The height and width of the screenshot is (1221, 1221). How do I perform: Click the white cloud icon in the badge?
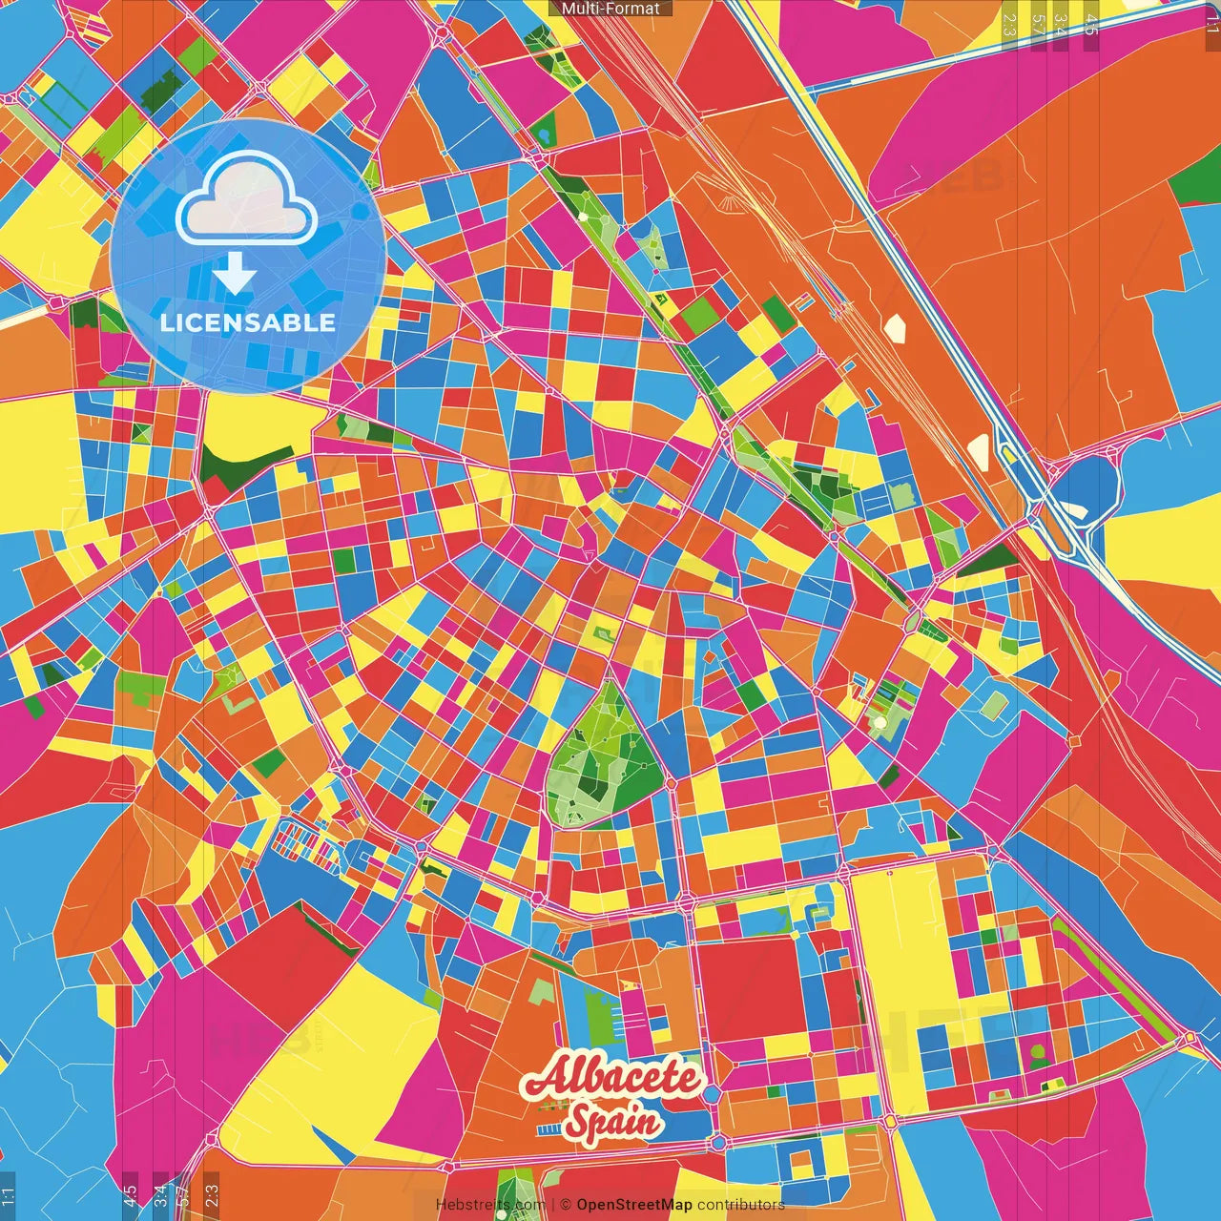point(247,198)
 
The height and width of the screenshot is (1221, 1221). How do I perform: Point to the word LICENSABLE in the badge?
point(248,322)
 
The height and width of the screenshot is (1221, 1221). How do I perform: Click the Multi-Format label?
point(610,8)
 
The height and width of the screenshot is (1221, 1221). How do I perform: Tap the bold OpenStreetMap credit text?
point(633,1205)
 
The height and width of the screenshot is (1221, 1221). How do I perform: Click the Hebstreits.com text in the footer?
point(490,1205)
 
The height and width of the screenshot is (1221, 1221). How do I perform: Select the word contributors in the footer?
point(741,1205)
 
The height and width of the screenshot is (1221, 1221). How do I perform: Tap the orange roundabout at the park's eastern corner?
point(671,782)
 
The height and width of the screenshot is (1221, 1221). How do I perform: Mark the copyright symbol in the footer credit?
point(566,1205)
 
